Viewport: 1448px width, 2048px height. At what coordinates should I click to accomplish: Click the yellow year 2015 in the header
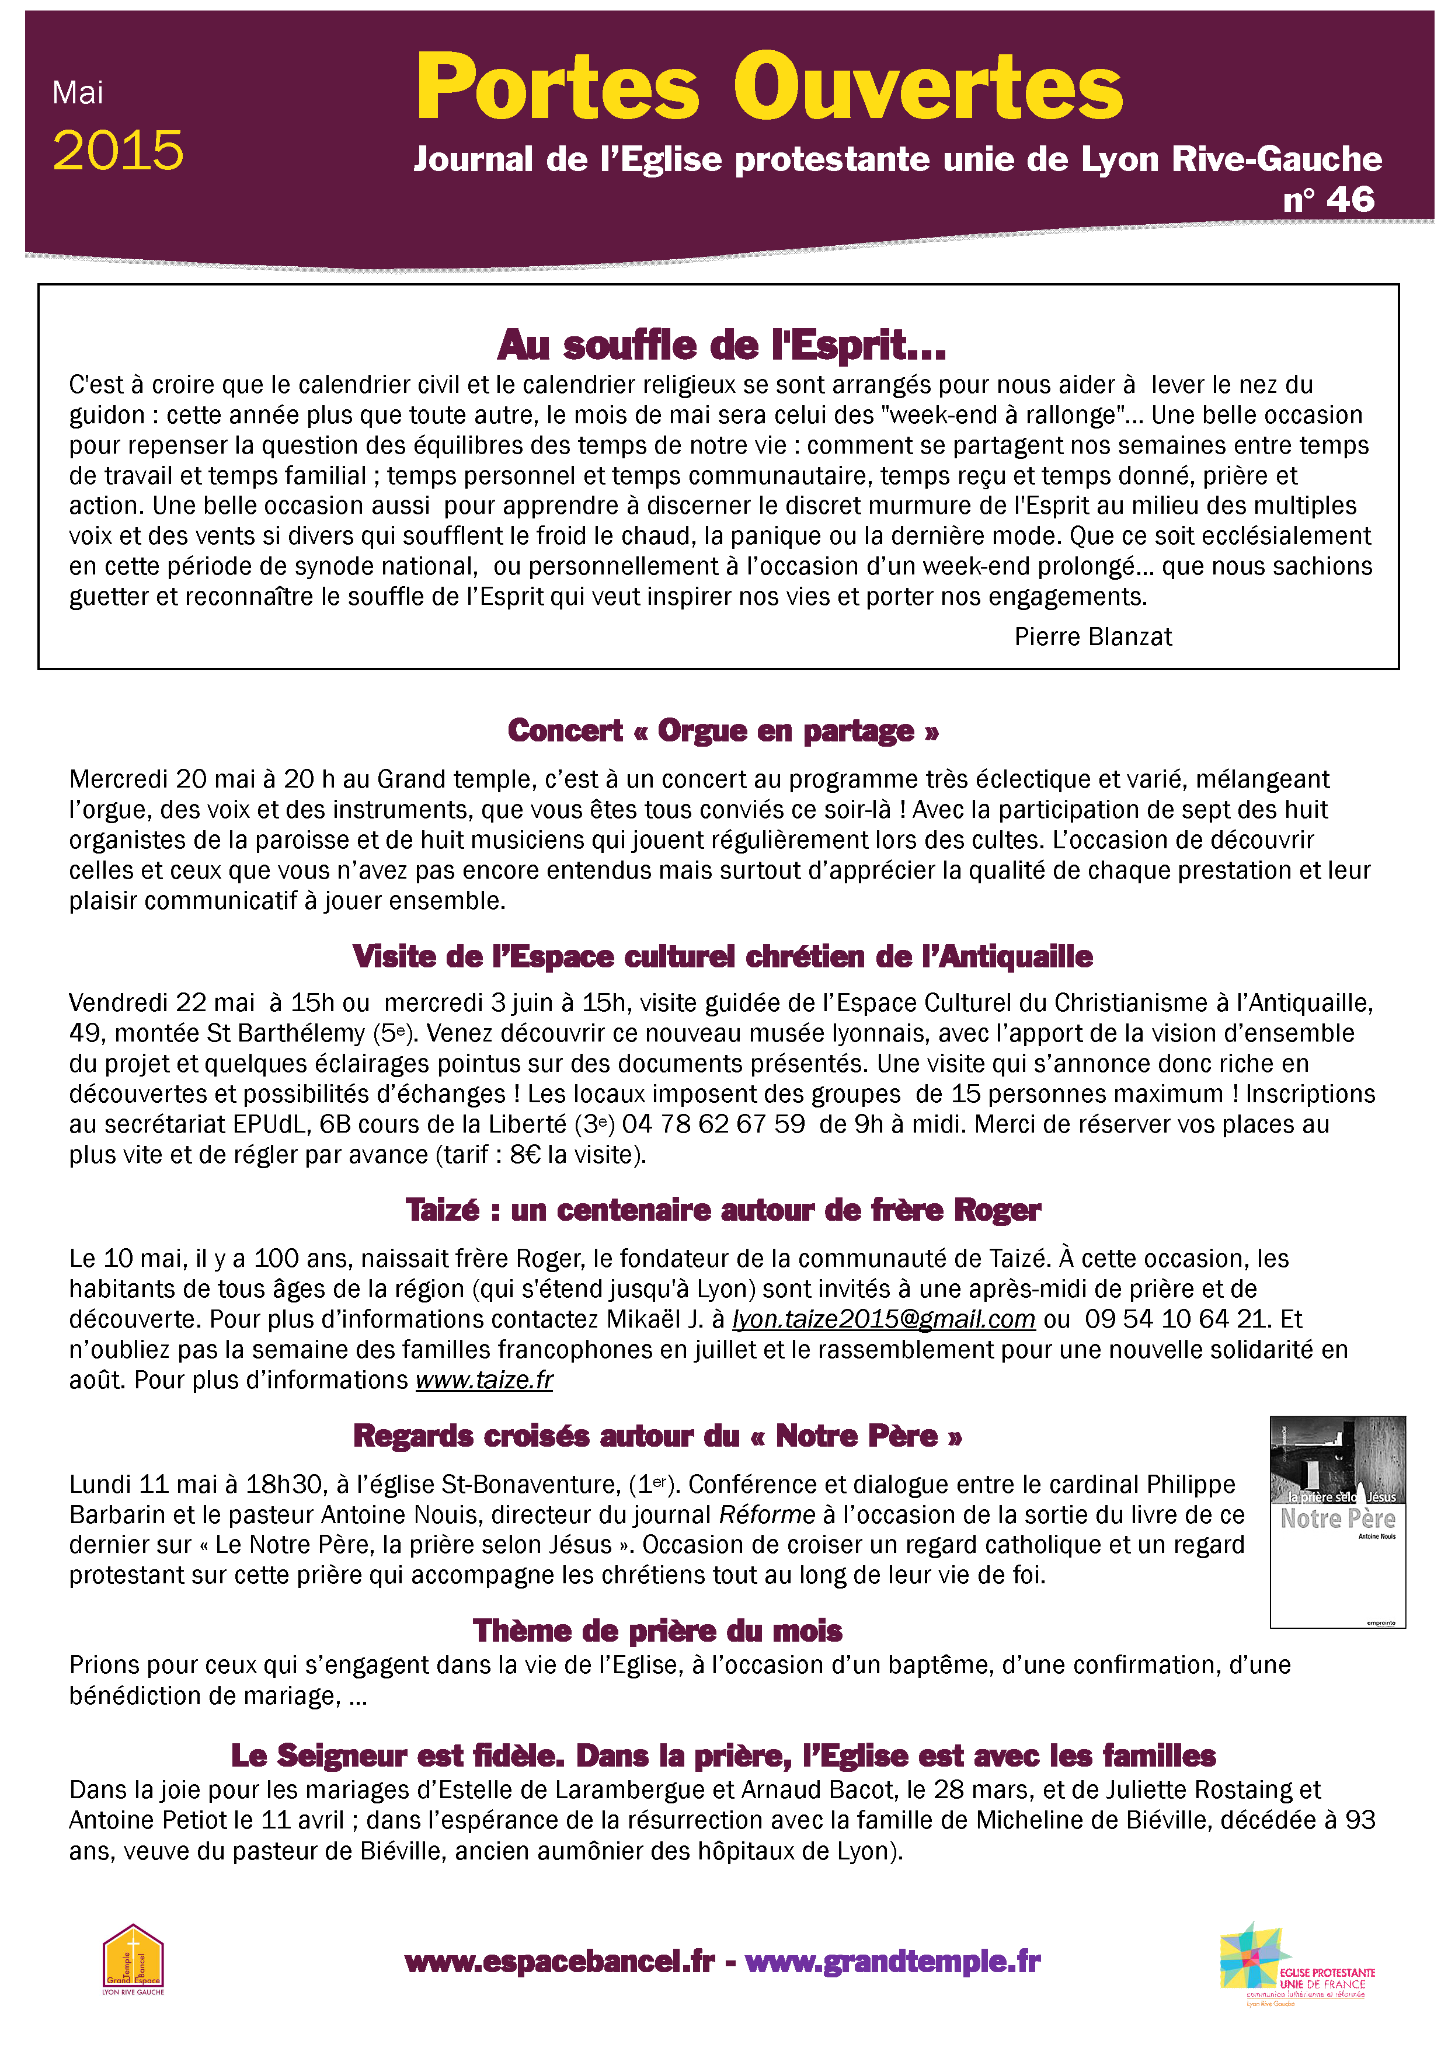pos(118,150)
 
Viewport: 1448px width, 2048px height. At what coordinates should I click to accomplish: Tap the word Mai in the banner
pos(78,93)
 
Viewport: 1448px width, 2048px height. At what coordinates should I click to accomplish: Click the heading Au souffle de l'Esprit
pos(722,345)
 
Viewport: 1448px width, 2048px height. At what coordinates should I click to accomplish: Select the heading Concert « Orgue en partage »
pos(723,730)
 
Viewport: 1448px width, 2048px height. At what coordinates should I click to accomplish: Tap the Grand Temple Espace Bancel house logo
pos(133,1958)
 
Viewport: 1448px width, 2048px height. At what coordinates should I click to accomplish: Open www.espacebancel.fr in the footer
pos(559,1962)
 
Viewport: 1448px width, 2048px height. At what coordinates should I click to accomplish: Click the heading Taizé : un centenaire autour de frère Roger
pos(723,1210)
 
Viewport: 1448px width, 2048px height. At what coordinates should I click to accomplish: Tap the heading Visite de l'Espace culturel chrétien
pos(723,956)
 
